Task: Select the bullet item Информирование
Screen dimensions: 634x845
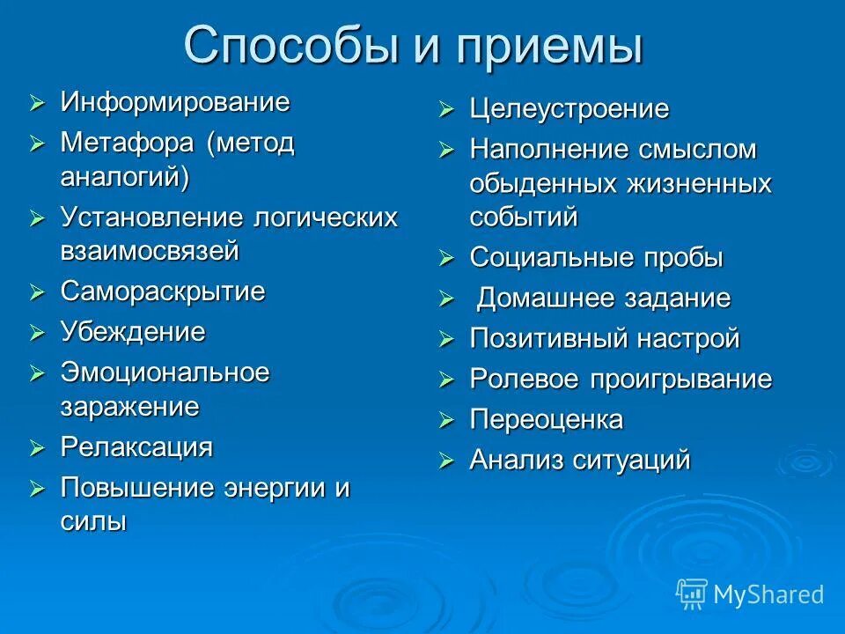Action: pyautogui.click(x=174, y=102)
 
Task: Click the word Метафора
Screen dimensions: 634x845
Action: pyautogui.click(x=129, y=143)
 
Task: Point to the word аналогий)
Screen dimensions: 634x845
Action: pyautogui.click(x=125, y=176)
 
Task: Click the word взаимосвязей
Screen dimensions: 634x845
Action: pyautogui.click(x=150, y=250)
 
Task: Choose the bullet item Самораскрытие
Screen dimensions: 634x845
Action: pyautogui.click(x=162, y=291)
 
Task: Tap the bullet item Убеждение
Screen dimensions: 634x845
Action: pyautogui.click(x=132, y=332)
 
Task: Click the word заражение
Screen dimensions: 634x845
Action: pyautogui.click(x=129, y=406)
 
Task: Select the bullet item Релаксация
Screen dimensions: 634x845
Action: pyautogui.click(x=136, y=446)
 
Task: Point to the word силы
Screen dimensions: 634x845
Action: pyautogui.click(x=93, y=520)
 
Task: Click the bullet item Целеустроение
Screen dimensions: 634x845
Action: pyautogui.click(x=569, y=110)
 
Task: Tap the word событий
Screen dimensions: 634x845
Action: pyautogui.click(x=523, y=217)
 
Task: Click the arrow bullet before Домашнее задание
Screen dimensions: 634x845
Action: pyautogui.click(x=447, y=299)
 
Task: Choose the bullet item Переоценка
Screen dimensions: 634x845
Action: pyautogui.click(x=546, y=420)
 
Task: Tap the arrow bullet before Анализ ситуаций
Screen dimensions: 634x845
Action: pyautogui.click(x=447, y=461)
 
